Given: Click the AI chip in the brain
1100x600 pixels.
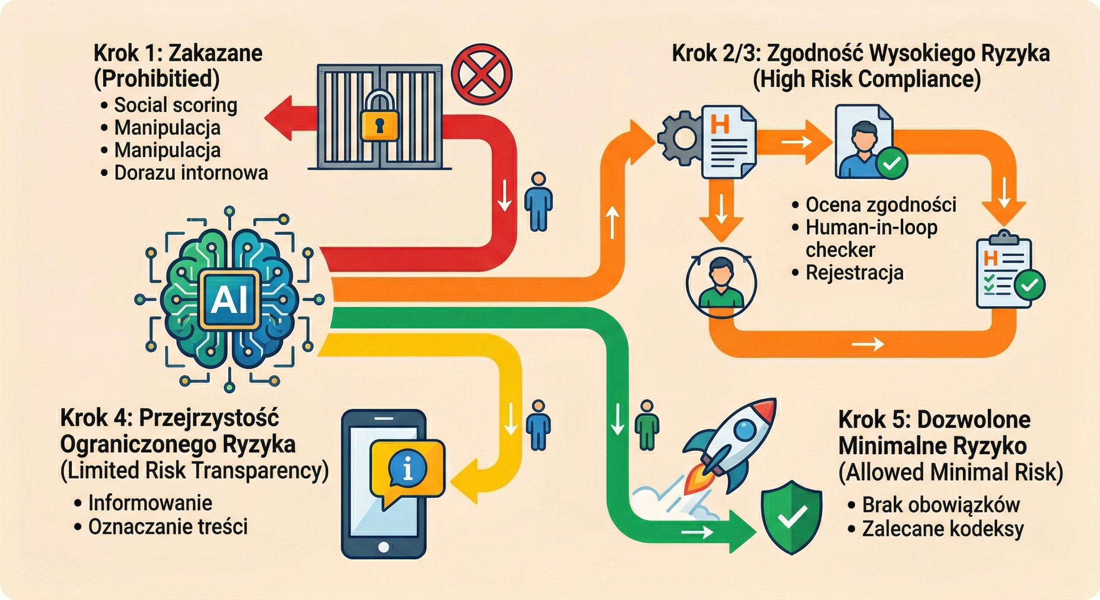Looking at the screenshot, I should coord(229,300).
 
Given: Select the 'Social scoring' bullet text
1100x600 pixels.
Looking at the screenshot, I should coord(175,105).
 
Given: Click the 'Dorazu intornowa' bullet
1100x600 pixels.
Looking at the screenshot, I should coord(191,173).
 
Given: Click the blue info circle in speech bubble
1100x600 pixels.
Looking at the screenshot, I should coord(407,468).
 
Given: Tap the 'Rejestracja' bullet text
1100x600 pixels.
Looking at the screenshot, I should coord(854,273).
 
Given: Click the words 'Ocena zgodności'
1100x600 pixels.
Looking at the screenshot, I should coord(880,205).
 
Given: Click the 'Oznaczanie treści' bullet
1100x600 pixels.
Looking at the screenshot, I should coord(168,527).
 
